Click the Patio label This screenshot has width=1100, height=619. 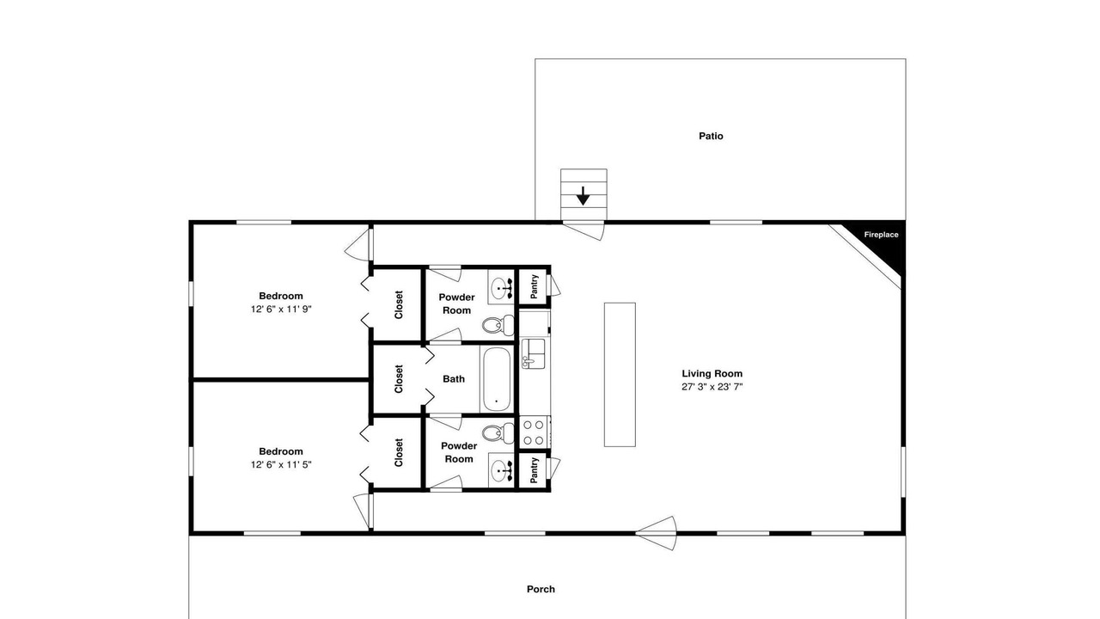click(711, 136)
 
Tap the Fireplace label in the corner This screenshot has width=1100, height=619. click(881, 235)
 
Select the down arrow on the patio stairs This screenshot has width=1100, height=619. click(583, 195)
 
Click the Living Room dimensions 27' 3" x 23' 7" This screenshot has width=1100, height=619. click(712, 387)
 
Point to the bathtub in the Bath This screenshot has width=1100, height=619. click(498, 379)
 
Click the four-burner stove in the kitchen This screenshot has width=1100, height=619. click(534, 432)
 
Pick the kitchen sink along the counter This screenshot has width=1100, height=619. click(533, 353)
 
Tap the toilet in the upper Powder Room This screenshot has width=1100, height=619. click(498, 325)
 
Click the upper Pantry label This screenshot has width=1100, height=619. click(535, 286)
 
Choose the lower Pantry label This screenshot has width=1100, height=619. click(535, 470)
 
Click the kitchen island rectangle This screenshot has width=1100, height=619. click(620, 375)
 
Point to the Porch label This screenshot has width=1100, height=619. click(541, 589)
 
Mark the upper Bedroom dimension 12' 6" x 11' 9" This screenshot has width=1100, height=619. click(281, 309)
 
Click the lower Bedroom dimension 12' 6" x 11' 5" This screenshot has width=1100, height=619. click(281, 465)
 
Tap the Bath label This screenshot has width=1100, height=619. click(454, 379)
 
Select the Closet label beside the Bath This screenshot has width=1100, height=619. click(398, 379)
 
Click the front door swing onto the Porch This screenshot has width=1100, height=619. click(657, 533)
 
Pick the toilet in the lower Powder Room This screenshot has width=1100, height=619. click(498, 432)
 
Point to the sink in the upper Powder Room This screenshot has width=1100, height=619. click(501, 286)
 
